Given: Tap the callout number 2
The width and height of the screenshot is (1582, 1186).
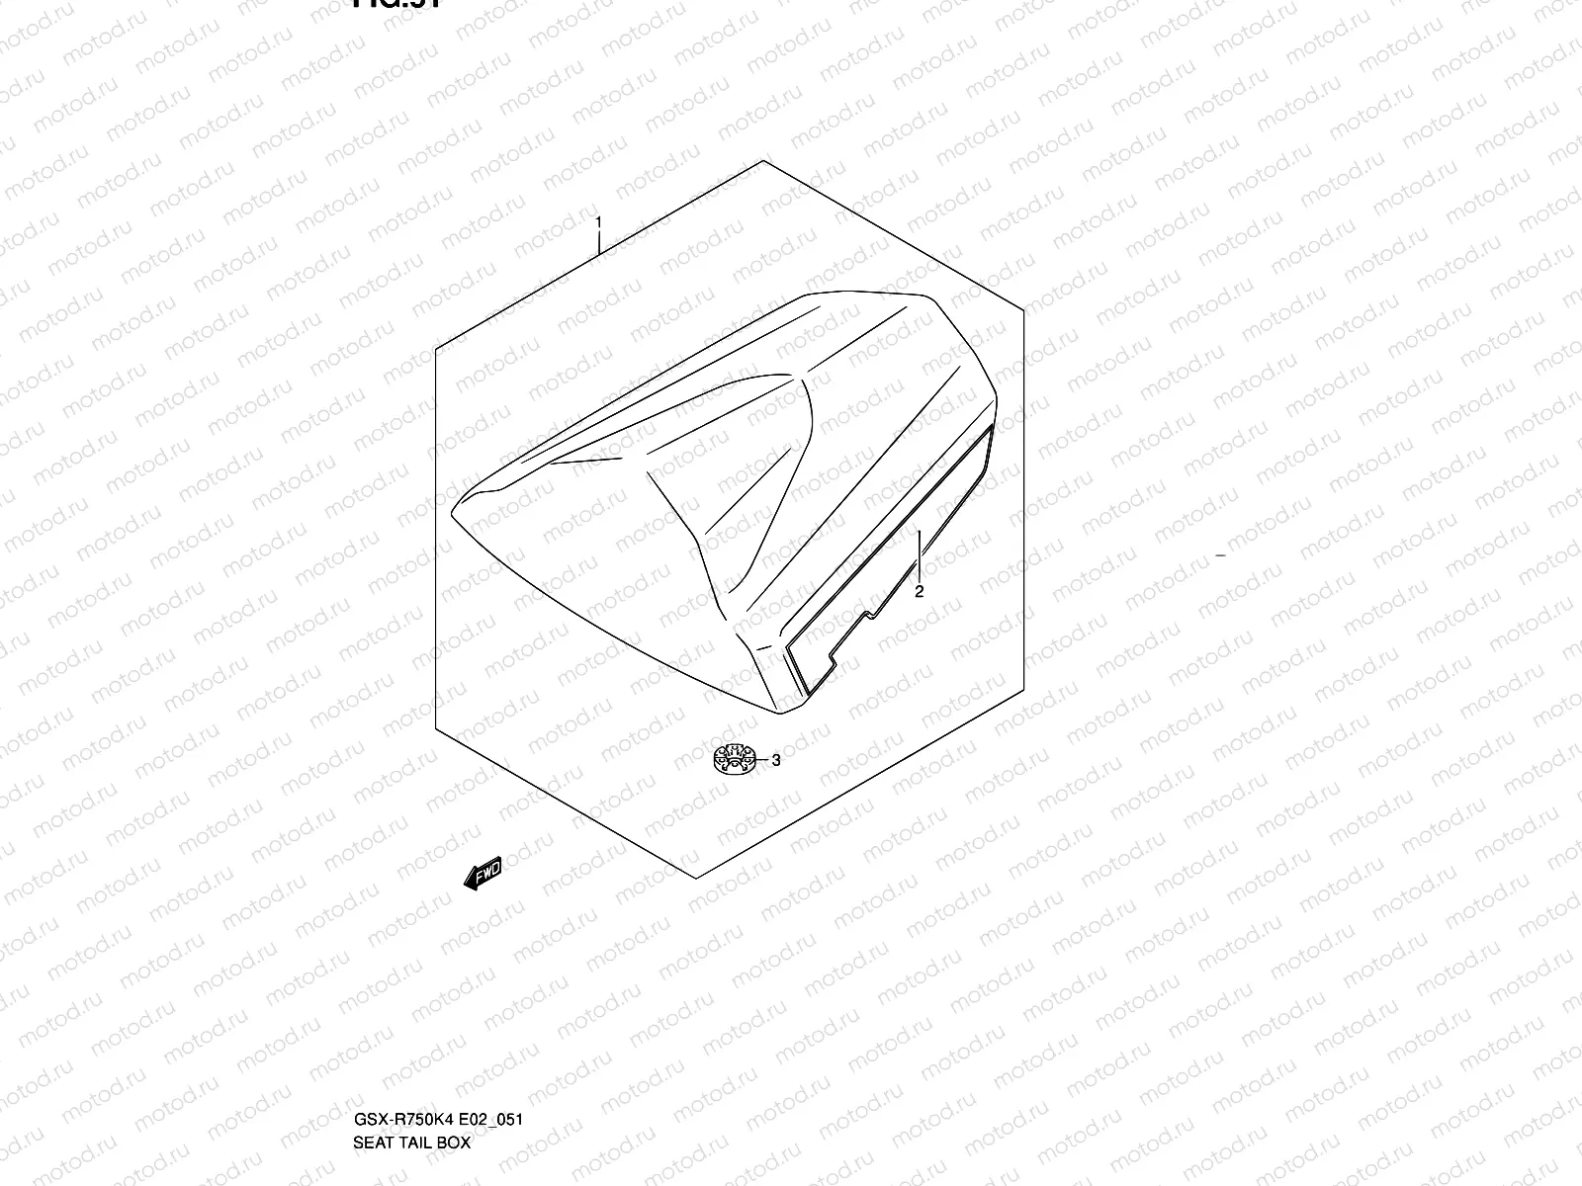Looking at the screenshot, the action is (x=919, y=591).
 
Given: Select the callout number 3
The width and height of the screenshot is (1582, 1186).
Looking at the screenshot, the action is (x=776, y=760).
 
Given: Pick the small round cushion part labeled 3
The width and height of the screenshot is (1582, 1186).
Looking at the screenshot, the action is (x=734, y=758).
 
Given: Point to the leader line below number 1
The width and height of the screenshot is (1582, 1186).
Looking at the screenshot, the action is (x=599, y=243).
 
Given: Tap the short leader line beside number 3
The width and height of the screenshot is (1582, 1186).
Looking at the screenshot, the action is (x=762, y=760).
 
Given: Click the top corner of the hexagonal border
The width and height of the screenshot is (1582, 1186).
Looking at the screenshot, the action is (x=762, y=161).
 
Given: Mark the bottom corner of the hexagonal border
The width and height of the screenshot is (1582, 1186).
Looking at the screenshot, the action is (x=698, y=877).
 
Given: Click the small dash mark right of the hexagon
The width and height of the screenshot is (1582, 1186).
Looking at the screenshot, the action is (x=1220, y=557).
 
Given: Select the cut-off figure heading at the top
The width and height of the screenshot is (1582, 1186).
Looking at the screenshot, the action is (x=395, y=4).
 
